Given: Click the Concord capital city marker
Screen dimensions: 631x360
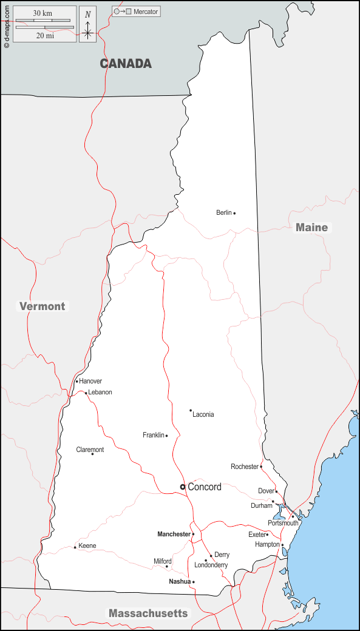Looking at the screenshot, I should click(182, 487).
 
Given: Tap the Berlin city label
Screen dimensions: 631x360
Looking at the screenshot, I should click(224, 212).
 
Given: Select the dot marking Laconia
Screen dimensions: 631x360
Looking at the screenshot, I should click(191, 410).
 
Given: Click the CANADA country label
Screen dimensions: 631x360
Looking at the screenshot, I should click(126, 64).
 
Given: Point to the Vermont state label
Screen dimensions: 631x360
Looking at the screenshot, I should click(42, 306).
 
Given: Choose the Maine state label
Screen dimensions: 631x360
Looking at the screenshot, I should click(311, 228).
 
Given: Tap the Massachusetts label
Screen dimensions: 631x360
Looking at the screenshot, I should click(148, 613).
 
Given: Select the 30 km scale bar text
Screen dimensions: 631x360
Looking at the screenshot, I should click(42, 13).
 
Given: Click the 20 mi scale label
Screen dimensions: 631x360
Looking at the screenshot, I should click(44, 36).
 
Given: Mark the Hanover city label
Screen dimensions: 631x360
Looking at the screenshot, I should click(90, 381).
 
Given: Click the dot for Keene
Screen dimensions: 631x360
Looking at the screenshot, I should click(75, 547).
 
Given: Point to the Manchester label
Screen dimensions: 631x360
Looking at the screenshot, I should click(174, 534).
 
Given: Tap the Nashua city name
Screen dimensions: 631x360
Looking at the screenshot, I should click(179, 581).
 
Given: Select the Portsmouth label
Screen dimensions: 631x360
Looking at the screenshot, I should click(283, 523).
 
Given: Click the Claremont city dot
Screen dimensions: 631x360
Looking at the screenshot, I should click(92, 454).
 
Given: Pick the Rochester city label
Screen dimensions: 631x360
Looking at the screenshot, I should click(245, 467).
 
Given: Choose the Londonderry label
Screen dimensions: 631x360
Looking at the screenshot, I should click(211, 565).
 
